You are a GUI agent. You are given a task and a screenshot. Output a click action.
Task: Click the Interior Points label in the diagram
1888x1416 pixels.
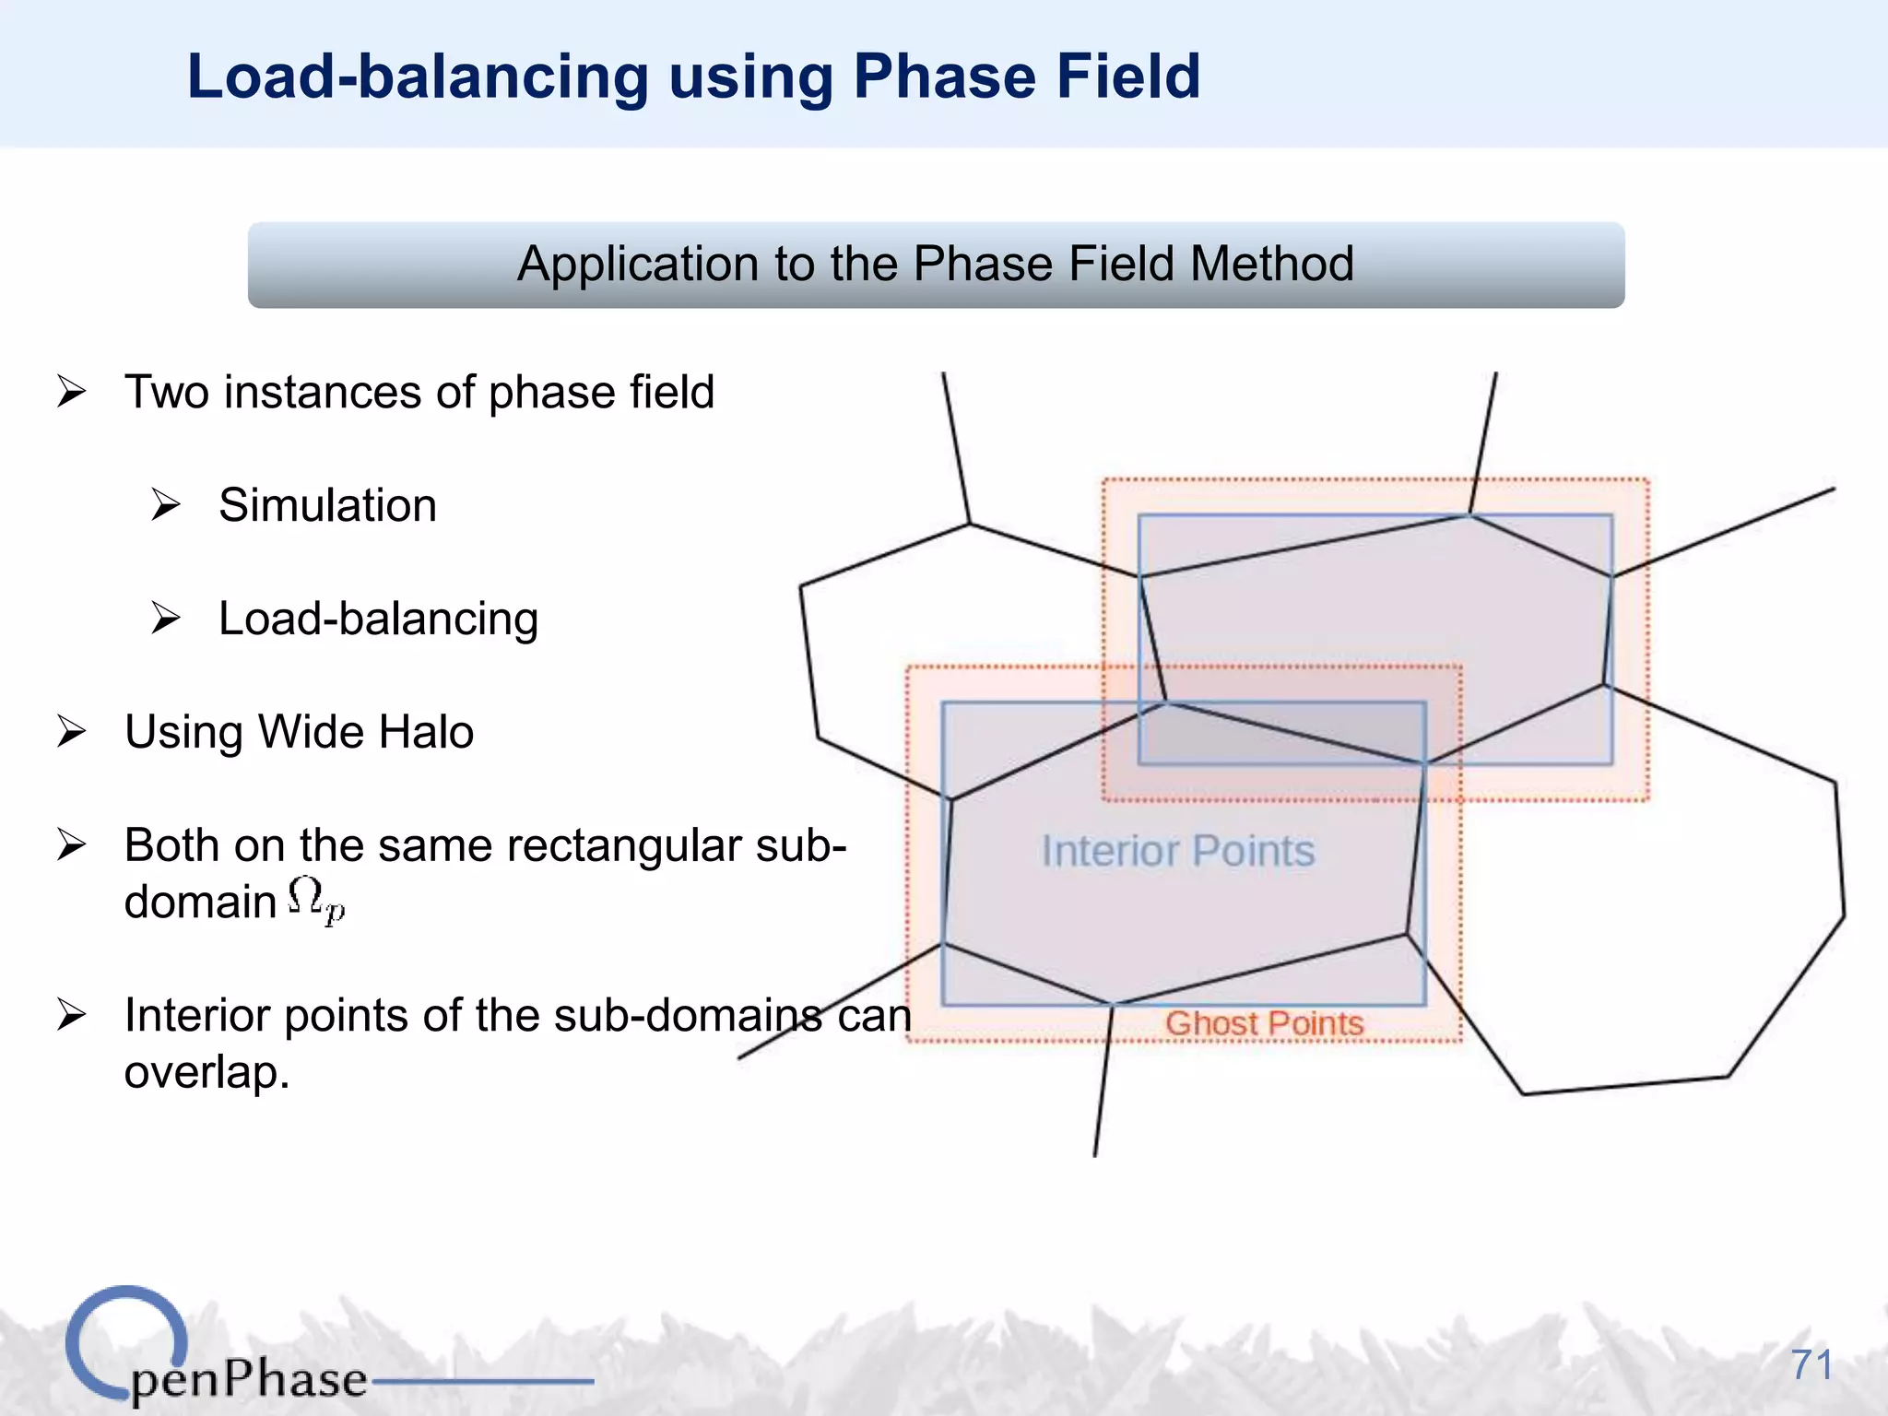coord(1178,850)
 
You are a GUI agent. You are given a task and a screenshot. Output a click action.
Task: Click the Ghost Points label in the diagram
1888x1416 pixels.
coord(1264,1023)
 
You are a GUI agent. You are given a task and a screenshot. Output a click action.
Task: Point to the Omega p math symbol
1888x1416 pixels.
coord(315,900)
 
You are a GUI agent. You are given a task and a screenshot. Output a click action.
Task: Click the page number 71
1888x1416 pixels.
coord(1811,1364)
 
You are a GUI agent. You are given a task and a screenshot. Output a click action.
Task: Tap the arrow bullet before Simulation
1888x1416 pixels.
coord(166,505)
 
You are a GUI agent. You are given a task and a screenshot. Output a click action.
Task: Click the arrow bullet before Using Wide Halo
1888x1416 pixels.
coord(71,732)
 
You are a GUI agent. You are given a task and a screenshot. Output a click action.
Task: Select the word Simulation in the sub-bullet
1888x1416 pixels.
coord(327,505)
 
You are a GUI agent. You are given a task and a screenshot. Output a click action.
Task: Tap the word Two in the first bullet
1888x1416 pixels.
coord(166,392)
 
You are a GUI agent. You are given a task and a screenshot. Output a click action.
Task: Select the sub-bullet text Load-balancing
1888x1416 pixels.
coord(378,619)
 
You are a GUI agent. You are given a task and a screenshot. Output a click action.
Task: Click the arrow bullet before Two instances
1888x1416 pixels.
coord(71,392)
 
